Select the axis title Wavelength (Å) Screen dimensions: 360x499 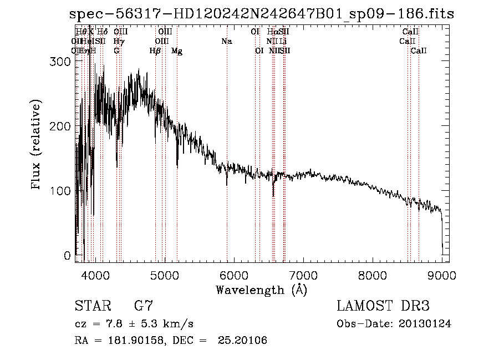pos(261,290)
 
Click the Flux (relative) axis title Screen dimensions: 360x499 pos(37,145)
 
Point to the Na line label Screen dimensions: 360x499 pos(226,42)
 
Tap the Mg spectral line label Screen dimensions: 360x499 pos(177,51)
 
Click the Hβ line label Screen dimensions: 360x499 pos(155,51)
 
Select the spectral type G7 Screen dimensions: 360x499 pos(144,306)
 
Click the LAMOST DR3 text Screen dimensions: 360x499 pos(383,306)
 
